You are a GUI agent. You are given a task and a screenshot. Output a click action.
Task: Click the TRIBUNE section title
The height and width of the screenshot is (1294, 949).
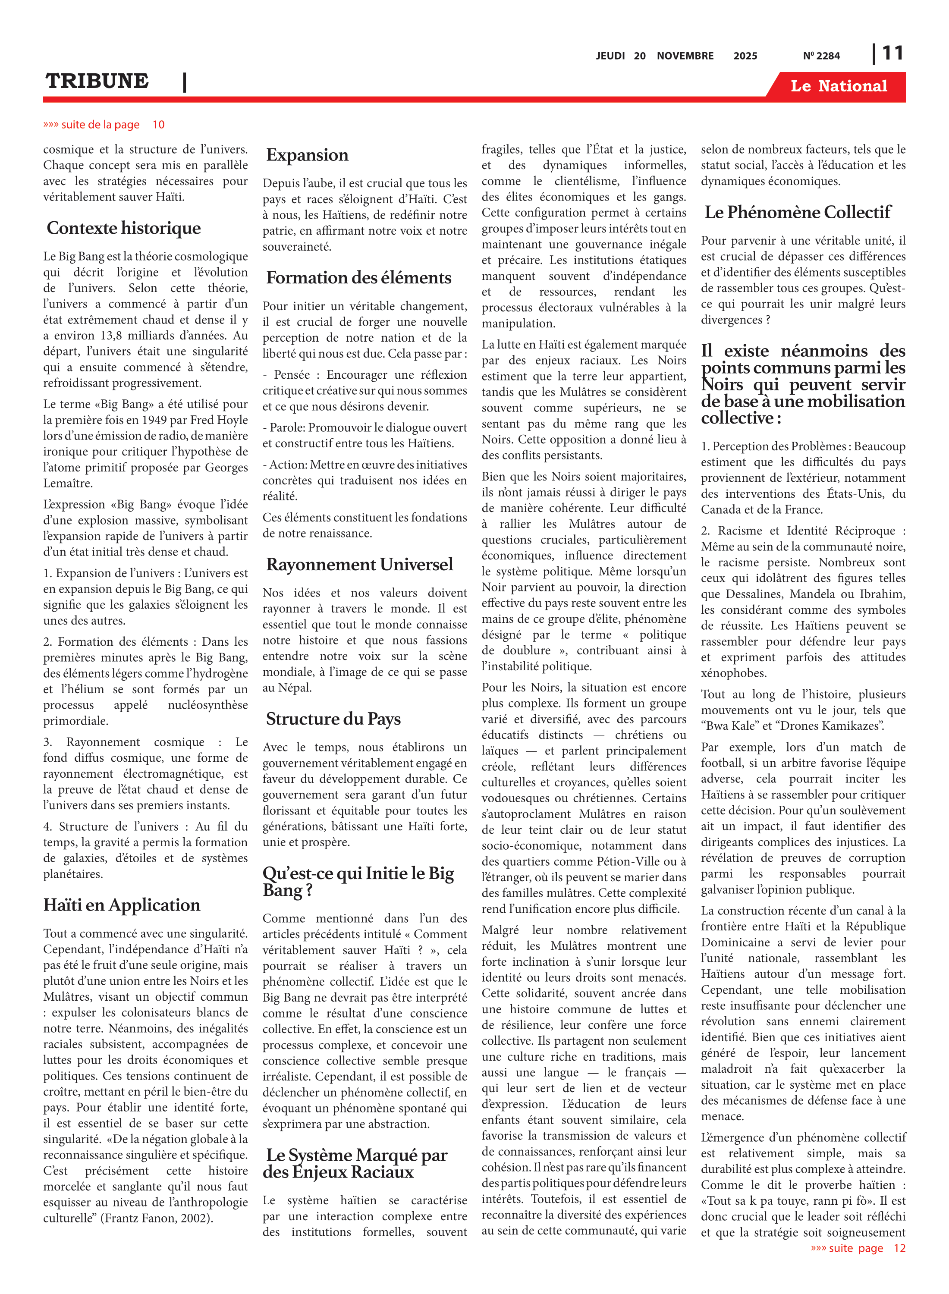tap(97, 81)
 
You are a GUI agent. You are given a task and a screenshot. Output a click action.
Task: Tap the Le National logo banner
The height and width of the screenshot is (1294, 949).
tap(838, 86)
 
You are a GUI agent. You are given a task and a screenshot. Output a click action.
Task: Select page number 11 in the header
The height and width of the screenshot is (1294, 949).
tap(892, 53)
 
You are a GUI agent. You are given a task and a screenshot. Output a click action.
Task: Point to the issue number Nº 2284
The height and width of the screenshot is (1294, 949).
tap(821, 56)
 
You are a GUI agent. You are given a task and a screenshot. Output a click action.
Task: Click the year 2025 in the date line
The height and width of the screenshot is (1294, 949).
tap(745, 56)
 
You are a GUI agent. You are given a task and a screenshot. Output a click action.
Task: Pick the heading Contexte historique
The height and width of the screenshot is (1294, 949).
tap(123, 228)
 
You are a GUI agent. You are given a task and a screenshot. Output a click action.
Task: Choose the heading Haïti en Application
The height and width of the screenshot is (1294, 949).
tap(122, 905)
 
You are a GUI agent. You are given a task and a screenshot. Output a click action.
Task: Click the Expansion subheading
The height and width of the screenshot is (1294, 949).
tap(307, 155)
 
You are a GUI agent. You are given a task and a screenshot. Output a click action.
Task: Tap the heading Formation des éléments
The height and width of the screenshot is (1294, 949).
tap(358, 278)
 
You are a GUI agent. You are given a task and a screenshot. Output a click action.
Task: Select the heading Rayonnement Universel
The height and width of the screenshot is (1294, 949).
tap(360, 565)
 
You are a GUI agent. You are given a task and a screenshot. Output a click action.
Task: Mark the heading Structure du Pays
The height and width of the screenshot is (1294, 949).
tap(333, 719)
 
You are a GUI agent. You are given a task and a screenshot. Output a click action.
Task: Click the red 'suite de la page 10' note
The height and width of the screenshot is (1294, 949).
tap(104, 125)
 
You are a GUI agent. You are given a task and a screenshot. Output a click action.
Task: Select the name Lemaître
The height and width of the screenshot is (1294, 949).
tap(68, 483)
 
